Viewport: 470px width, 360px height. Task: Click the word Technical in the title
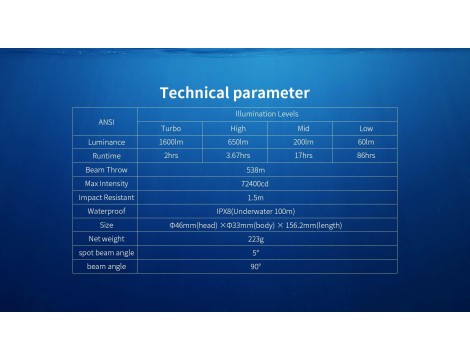pyautogui.click(x=194, y=93)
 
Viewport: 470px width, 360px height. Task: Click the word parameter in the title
pyautogui.click(x=271, y=93)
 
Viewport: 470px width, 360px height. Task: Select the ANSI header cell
pyautogui.click(x=106, y=122)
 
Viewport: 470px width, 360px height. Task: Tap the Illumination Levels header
pyautogui.click(x=267, y=114)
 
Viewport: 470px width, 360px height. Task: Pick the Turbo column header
pyautogui.click(x=171, y=128)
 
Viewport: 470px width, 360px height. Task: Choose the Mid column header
pyautogui.click(x=303, y=128)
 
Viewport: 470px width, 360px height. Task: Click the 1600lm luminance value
pyautogui.click(x=171, y=142)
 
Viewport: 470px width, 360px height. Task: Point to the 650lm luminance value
pyautogui.click(x=238, y=142)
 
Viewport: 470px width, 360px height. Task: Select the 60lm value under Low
pyautogui.click(x=366, y=142)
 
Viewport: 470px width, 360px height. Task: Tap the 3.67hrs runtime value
pyautogui.click(x=238, y=155)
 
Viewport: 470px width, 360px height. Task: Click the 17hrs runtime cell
pyautogui.click(x=303, y=155)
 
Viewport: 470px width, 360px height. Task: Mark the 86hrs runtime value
pyautogui.click(x=366, y=155)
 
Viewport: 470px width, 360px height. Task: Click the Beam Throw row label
pyautogui.click(x=106, y=170)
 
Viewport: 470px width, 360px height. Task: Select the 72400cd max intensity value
pyautogui.click(x=255, y=184)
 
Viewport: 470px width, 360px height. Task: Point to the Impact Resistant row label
pyautogui.click(x=106, y=197)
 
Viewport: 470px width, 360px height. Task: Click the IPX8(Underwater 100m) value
pyautogui.click(x=256, y=211)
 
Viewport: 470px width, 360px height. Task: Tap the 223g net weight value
pyautogui.click(x=256, y=239)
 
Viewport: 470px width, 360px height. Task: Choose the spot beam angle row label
pyautogui.click(x=106, y=253)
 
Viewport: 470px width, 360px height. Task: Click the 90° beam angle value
pyautogui.click(x=256, y=267)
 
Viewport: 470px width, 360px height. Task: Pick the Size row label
pyautogui.click(x=106, y=225)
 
